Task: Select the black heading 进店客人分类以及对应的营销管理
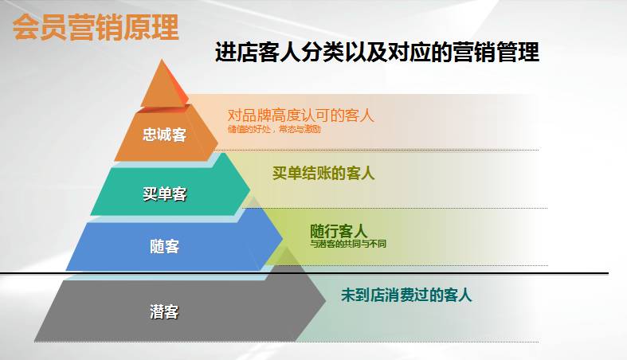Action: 377,53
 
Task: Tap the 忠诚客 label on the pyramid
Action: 165,135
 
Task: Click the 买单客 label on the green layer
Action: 165,194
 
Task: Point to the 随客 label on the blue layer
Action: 165,247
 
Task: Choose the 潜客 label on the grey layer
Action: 164,311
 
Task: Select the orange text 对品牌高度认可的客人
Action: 300,115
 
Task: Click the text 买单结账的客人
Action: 323,173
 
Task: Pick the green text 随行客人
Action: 339,231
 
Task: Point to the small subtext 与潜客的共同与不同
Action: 348,244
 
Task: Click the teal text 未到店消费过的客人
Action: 406,295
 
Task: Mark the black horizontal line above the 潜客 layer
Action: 446,273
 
